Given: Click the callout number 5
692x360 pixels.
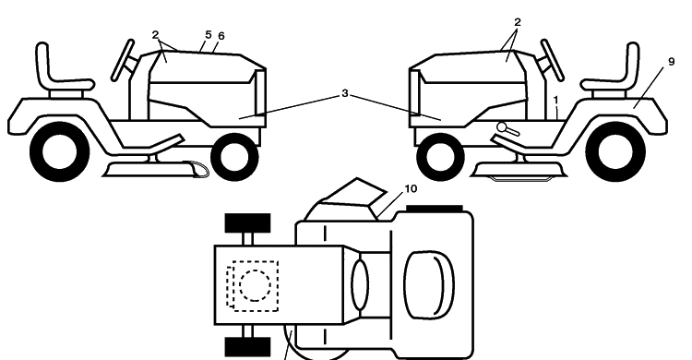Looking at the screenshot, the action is pyautogui.click(x=209, y=34).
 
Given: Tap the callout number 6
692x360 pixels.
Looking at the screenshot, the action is pyautogui.click(x=221, y=36).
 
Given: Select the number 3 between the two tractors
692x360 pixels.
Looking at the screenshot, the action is pyautogui.click(x=345, y=93).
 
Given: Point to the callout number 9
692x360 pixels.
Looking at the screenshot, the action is pyautogui.click(x=672, y=62).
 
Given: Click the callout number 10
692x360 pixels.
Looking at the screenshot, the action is pyautogui.click(x=411, y=188).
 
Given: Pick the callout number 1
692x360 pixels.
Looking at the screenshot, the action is pyautogui.click(x=556, y=101).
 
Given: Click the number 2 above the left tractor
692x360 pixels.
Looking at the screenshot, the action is pyautogui.click(x=155, y=35).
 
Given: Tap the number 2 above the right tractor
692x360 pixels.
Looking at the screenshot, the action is pyautogui.click(x=518, y=21).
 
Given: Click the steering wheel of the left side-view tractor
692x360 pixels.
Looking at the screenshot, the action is pyautogui.click(x=122, y=60).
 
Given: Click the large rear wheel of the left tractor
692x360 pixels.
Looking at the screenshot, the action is pyautogui.click(x=60, y=152).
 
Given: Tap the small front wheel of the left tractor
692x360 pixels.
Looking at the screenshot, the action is pyautogui.click(x=234, y=157).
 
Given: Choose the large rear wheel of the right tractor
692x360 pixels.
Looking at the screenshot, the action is pyautogui.click(x=616, y=152).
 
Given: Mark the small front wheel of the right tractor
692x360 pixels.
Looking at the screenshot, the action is pyautogui.click(x=440, y=157).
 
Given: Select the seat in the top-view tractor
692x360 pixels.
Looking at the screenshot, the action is pyautogui.click(x=429, y=284).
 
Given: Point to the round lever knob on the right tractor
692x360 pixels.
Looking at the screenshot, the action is pyautogui.click(x=502, y=127).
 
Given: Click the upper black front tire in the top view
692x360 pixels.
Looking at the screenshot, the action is pyautogui.click(x=247, y=223).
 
